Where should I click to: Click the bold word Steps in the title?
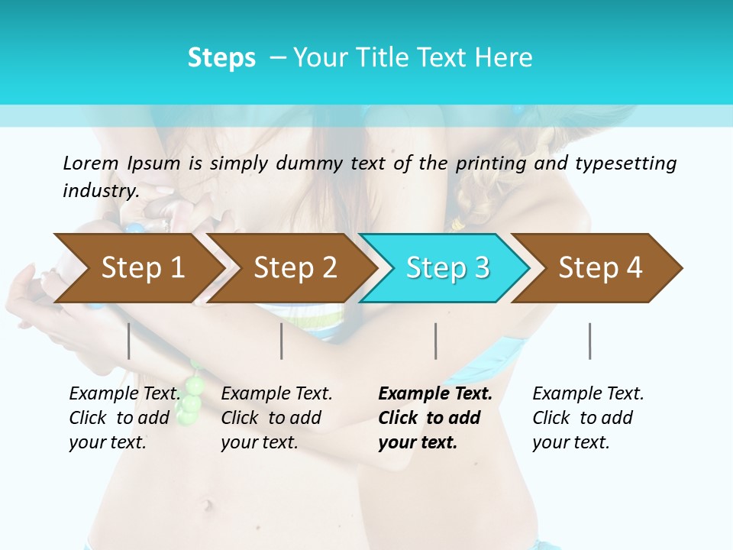(221, 58)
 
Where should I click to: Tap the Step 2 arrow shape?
(290, 268)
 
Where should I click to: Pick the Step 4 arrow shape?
(597, 268)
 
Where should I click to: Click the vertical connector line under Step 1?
(129, 341)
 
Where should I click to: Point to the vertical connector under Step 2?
(282, 341)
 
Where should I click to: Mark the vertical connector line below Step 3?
(436, 341)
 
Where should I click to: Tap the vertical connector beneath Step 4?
(590, 341)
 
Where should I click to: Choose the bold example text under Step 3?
(434, 418)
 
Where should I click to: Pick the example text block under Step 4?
(588, 418)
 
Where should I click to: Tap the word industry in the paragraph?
(100, 191)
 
